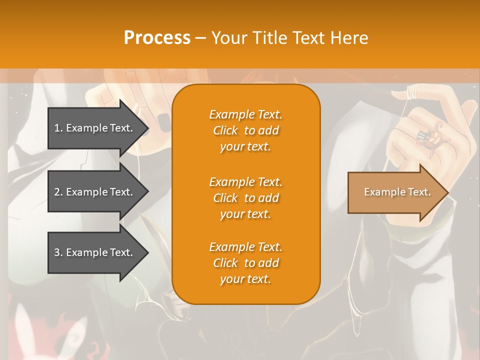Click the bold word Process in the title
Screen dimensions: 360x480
[157, 38]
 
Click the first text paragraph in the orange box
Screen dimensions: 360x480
[245, 130]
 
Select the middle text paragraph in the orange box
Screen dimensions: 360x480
[245, 198]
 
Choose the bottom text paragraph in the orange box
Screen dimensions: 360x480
[245, 263]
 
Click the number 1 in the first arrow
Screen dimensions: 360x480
[57, 128]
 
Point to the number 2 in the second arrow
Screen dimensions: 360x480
[57, 192]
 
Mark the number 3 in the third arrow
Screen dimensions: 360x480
[57, 252]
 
